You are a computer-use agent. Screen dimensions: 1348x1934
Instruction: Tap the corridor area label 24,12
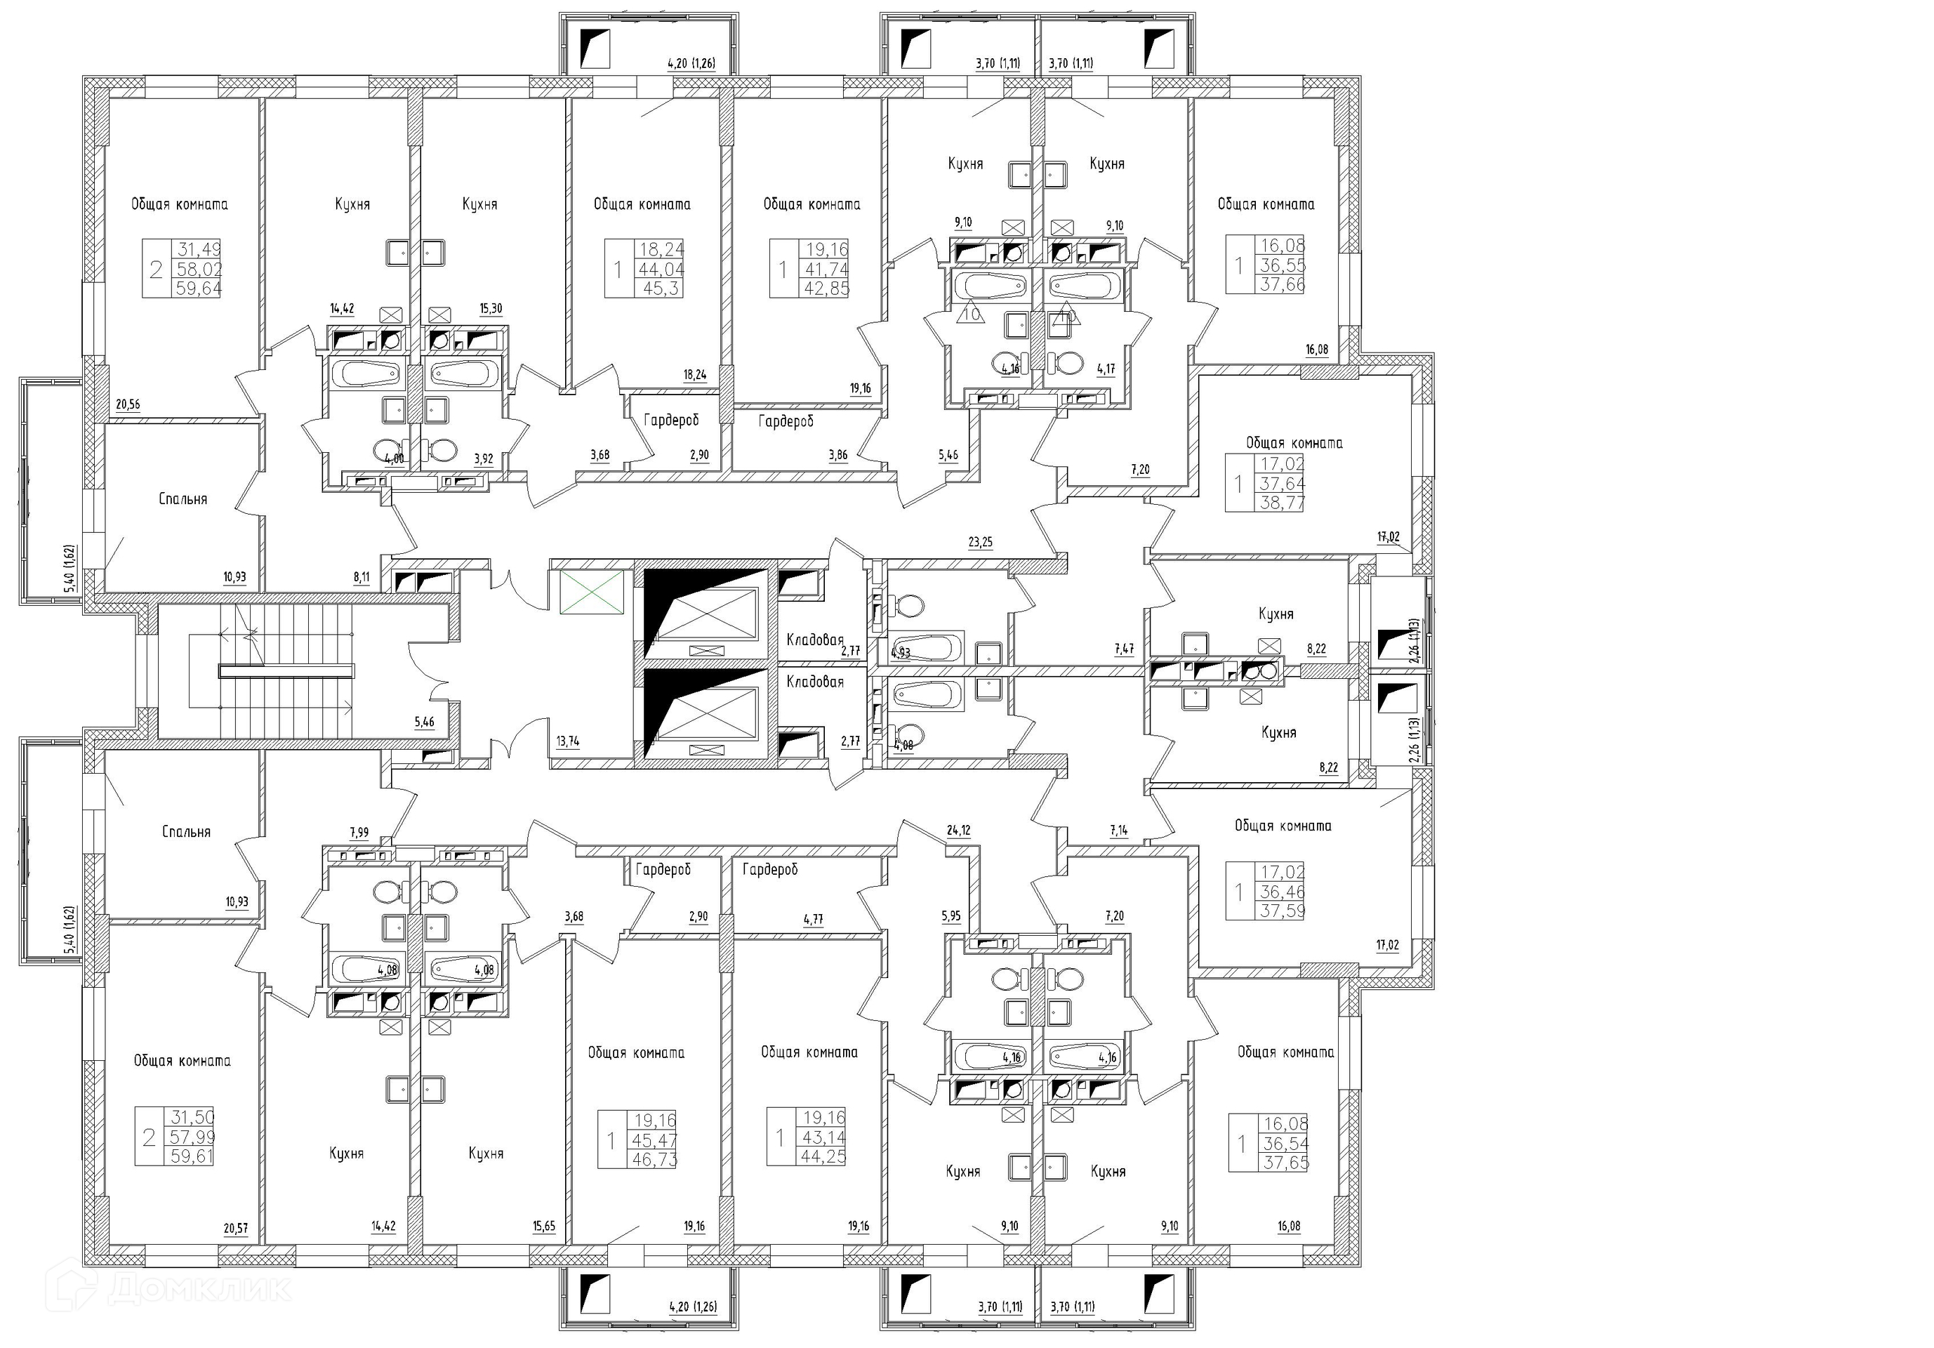959,831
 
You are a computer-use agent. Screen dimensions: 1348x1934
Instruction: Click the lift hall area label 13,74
568,741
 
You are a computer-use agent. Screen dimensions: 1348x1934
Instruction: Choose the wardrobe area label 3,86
837,456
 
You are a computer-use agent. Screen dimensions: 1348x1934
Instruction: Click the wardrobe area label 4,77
813,920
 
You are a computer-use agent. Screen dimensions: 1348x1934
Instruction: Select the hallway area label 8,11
362,578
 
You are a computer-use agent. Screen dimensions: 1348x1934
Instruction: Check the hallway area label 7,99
359,833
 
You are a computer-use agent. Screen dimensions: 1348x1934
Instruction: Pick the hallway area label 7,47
1124,649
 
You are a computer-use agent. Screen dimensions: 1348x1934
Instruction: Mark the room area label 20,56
128,405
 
